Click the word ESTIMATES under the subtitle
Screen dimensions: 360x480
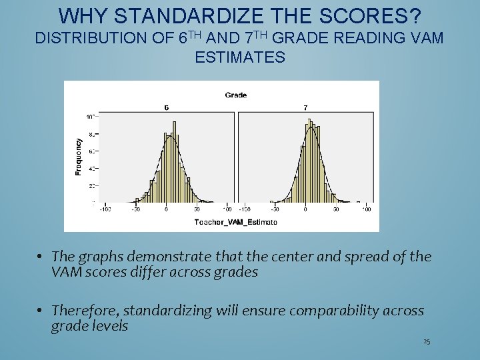pyautogui.click(x=240, y=58)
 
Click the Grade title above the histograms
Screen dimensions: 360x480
pyautogui.click(x=235, y=95)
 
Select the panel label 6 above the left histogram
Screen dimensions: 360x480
pyautogui.click(x=166, y=107)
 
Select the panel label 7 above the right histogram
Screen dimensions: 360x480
pyautogui.click(x=305, y=107)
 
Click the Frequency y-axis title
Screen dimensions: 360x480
pyautogui.click(x=78, y=157)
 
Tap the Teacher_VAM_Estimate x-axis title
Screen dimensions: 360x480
pyautogui.click(x=235, y=221)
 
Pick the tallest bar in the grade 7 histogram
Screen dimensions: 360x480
pyautogui.click(x=308, y=160)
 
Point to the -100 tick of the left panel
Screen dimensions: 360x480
pyautogui.click(x=105, y=209)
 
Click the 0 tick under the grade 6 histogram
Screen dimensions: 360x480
pyautogui.click(x=166, y=209)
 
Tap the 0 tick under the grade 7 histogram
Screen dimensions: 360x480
pyautogui.click(x=305, y=209)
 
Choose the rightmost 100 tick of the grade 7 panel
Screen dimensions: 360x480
pyautogui.click(x=366, y=209)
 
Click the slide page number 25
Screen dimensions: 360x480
pyautogui.click(x=427, y=342)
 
